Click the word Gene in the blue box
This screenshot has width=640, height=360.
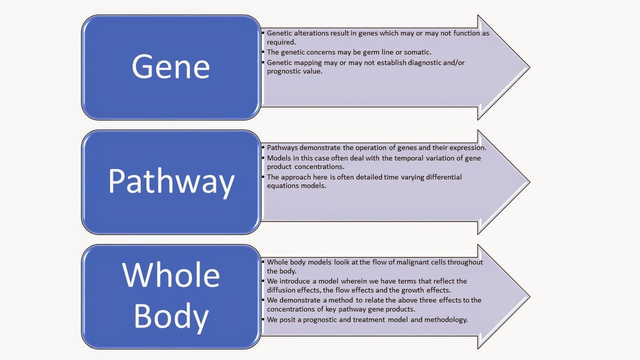click(x=170, y=67)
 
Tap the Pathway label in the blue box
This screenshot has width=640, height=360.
click(x=171, y=182)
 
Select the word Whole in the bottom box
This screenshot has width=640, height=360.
click(x=171, y=274)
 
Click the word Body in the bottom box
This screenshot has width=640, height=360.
click(x=171, y=316)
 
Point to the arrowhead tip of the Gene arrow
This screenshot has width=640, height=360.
click(x=529, y=67)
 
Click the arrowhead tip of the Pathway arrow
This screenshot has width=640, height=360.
click(x=529, y=182)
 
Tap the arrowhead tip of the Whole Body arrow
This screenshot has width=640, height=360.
click(x=529, y=296)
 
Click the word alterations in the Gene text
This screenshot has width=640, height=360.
click(x=311, y=33)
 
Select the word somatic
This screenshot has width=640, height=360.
click(x=417, y=52)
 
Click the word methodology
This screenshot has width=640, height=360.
click(x=446, y=319)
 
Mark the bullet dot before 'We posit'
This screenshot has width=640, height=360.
click(x=263, y=319)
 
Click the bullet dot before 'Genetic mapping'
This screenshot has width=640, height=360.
click(x=263, y=62)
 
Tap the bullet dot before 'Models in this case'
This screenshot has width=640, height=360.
click(x=263, y=158)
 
